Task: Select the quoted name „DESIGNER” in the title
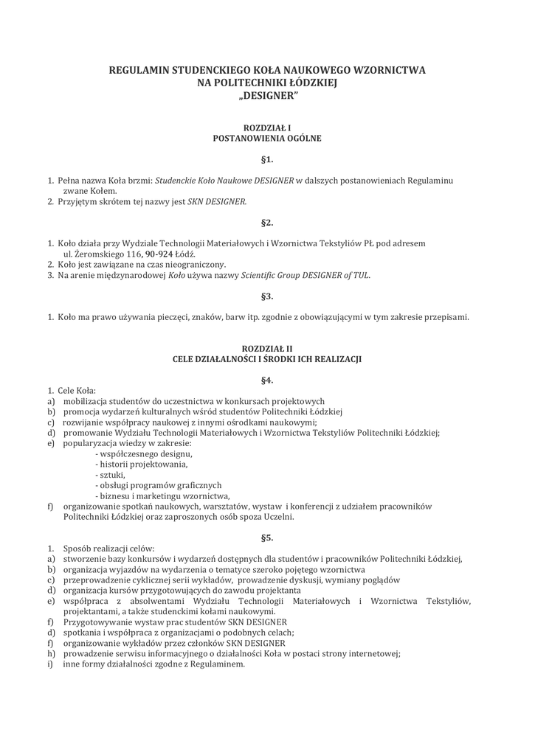pos(267,97)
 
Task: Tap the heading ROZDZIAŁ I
pos(267,128)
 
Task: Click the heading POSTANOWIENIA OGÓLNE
pos(267,138)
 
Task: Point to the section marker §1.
pos(267,159)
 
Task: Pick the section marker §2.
pos(267,222)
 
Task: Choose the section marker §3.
pos(267,296)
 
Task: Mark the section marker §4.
pos(267,380)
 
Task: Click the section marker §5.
pos(267,538)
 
